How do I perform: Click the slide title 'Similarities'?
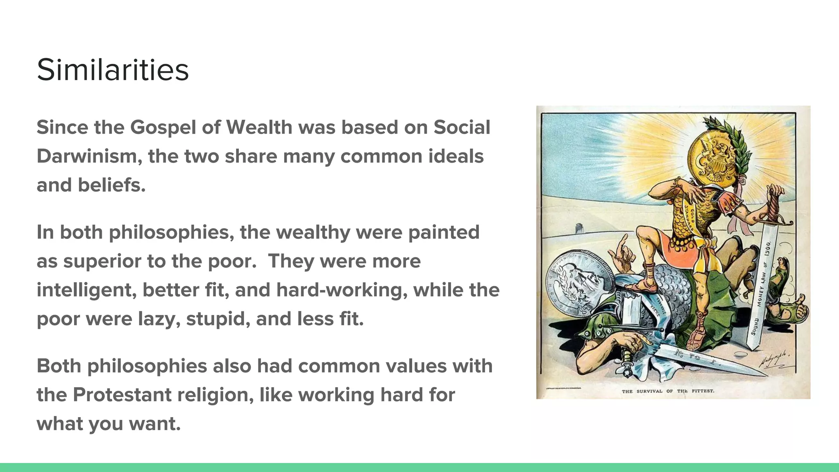[113, 70]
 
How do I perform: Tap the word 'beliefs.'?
[111, 185]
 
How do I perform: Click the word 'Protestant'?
[122, 395]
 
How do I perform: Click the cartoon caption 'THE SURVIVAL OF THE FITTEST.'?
[668, 391]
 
